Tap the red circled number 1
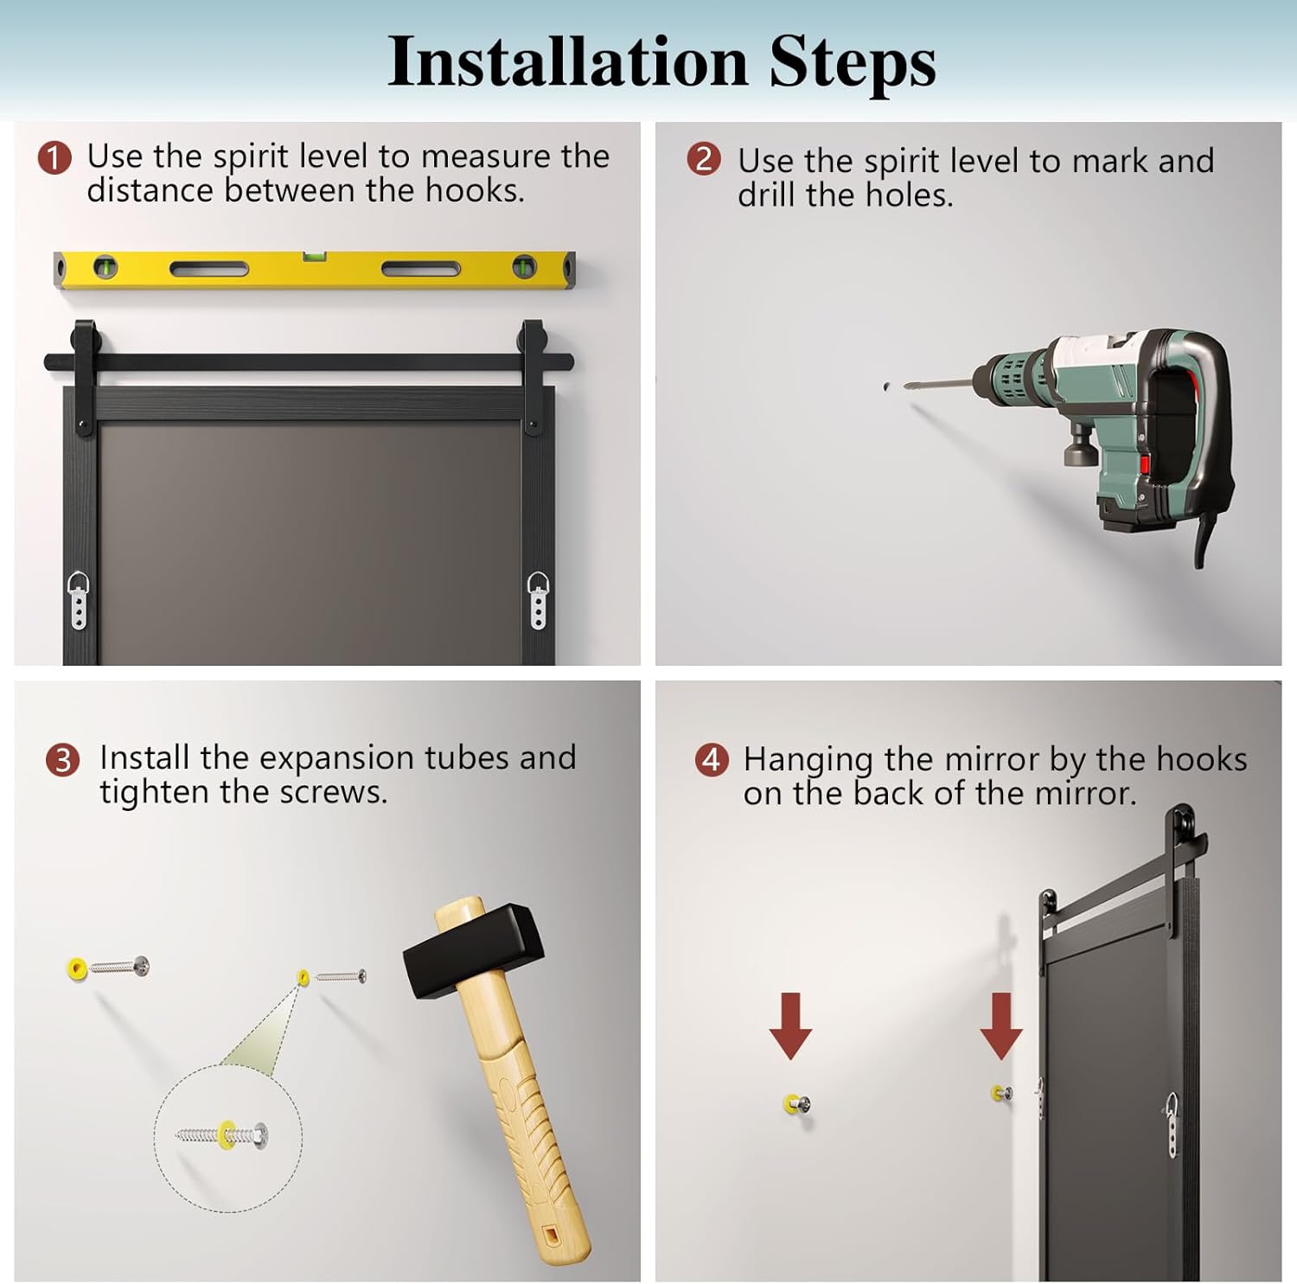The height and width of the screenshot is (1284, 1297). tap(54, 157)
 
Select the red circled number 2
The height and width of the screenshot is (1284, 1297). tap(704, 159)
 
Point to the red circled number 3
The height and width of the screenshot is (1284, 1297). tap(62, 760)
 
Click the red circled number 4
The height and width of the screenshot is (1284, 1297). tap(711, 760)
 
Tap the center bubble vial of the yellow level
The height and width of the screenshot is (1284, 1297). tap(314, 257)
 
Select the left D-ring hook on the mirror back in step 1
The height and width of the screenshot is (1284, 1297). tap(78, 598)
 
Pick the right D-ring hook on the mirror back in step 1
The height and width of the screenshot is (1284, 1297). tap(538, 598)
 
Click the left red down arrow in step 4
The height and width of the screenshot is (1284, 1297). tap(790, 1025)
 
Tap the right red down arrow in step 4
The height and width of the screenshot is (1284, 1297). tap(1001, 1025)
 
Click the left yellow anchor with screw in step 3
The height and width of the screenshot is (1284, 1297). tap(108, 967)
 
